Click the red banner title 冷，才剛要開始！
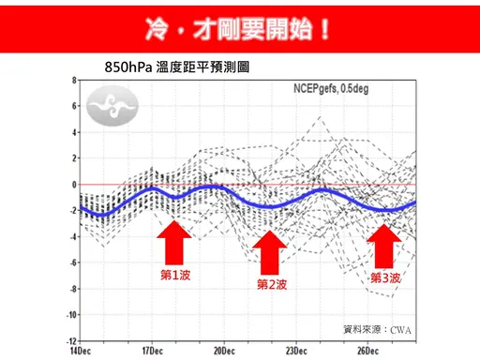pos(239,27)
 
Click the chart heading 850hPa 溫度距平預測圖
pos(177,68)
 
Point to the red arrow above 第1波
pos(173,245)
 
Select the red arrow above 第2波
pos(270,252)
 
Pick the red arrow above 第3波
pos(383,247)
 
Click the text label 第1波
pos(175,276)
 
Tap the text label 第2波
pos(271,284)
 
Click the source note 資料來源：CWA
pos(378,329)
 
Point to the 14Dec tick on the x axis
pos(81,350)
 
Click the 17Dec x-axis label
pos(152,350)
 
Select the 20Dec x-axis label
pos(223,350)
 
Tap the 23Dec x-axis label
pos(295,350)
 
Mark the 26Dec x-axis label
pos(367,350)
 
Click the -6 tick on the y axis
pos(72,263)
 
